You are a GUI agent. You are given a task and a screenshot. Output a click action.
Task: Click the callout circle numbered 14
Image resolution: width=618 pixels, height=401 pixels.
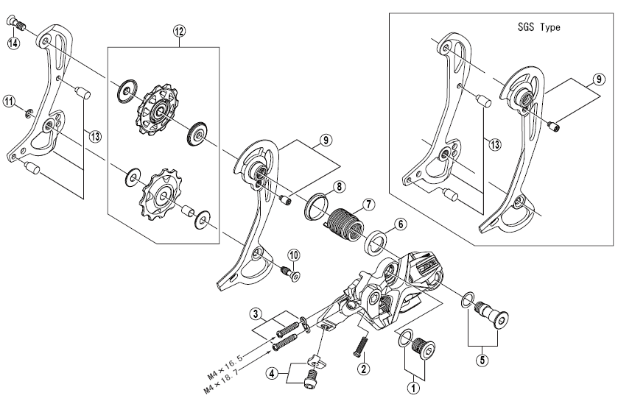pyautogui.click(x=13, y=43)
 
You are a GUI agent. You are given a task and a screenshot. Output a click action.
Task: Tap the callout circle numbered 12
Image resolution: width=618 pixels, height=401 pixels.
pyautogui.click(x=179, y=32)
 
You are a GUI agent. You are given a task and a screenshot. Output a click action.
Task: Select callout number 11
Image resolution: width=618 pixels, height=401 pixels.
pyautogui.click(x=9, y=102)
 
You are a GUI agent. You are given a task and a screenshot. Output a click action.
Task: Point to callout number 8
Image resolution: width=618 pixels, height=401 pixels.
pyautogui.click(x=340, y=187)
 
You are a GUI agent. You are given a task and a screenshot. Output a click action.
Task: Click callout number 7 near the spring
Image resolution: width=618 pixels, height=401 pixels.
pyautogui.click(x=368, y=205)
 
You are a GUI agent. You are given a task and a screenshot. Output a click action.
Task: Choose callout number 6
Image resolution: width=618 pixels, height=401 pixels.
pyautogui.click(x=401, y=224)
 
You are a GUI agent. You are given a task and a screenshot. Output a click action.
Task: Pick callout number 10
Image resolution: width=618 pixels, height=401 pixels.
pyautogui.click(x=294, y=255)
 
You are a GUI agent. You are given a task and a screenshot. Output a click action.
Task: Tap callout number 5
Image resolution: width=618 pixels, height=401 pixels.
pyautogui.click(x=482, y=360)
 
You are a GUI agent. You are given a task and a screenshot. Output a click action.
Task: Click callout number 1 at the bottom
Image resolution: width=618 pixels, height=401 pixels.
pyautogui.click(x=413, y=388)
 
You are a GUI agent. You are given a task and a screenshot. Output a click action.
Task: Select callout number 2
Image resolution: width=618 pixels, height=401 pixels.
pyautogui.click(x=363, y=369)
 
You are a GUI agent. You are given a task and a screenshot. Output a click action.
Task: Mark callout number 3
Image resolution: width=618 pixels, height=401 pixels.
pyautogui.click(x=256, y=314)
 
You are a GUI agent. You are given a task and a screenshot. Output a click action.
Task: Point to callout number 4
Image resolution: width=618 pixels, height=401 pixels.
pyautogui.click(x=272, y=373)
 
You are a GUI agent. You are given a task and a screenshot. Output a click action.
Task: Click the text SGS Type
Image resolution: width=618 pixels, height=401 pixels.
pyautogui.click(x=538, y=27)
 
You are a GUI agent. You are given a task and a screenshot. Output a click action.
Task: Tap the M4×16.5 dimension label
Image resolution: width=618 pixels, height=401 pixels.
pyautogui.click(x=225, y=366)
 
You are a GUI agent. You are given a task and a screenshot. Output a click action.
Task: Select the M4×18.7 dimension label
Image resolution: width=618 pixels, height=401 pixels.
pyautogui.click(x=224, y=380)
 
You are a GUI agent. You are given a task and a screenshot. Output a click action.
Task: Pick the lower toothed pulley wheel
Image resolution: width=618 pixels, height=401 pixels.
pyautogui.click(x=161, y=194)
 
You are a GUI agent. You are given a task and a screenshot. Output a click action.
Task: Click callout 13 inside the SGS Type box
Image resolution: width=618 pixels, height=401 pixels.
pyautogui.click(x=495, y=144)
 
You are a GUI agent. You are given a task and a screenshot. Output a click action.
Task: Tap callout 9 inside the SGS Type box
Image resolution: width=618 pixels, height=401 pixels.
pyautogui.click(x=599, y=79)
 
